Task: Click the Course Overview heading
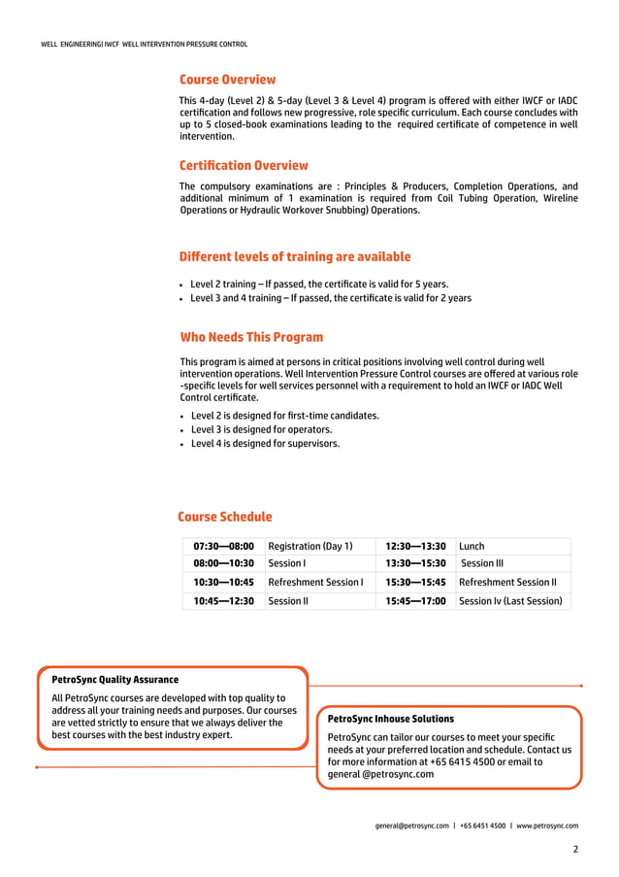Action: click(227, 80)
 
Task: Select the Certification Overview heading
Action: click(244, 165)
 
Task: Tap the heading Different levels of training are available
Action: click(295, 256)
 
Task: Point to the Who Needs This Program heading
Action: click(251, 337)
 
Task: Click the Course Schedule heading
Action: click(225, 517)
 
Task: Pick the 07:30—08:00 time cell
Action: click(223, 546)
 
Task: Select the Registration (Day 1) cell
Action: click(310, 546)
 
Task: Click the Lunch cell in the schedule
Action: click(472, 546)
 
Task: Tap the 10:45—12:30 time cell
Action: click(223, 601)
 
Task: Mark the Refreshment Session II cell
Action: click(507, 583)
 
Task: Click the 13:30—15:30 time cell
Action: click(415, 563)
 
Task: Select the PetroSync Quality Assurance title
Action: click(114, 680)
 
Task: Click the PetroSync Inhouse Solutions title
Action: click(391, 719)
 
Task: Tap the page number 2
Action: click(575, 849)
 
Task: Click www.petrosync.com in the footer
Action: click(547, 826)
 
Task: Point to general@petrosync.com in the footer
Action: click(412, 826)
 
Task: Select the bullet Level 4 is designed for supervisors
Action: click(265, 444)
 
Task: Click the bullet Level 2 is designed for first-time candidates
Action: click(284, 416)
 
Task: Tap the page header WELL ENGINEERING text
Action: click(71, 45)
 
